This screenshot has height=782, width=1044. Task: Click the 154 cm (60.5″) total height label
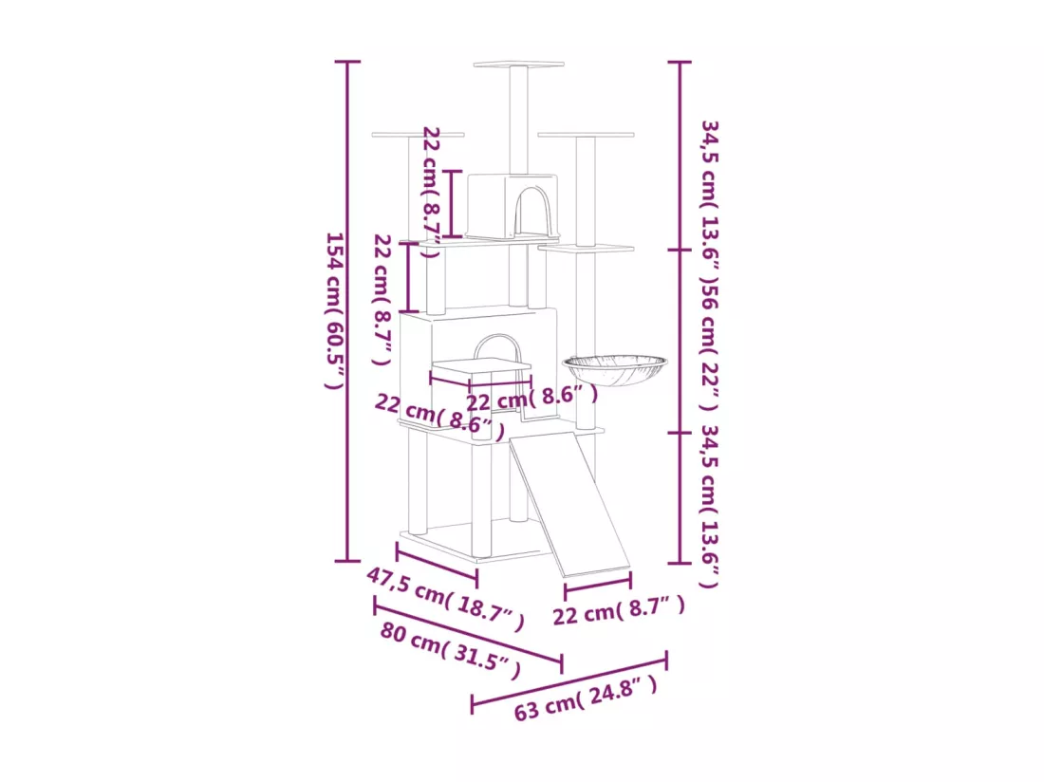(x=334, y=310)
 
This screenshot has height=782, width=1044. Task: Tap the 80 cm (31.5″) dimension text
(x=450, y=650)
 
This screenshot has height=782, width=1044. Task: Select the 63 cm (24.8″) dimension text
(x=586, y=698)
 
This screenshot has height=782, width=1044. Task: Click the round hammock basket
(x=615, y=370)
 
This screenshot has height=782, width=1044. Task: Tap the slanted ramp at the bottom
(x=569, y=504)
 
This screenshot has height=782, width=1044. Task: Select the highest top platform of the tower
(x=518, y=65)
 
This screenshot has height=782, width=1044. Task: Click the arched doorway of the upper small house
(x=533, y=211)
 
